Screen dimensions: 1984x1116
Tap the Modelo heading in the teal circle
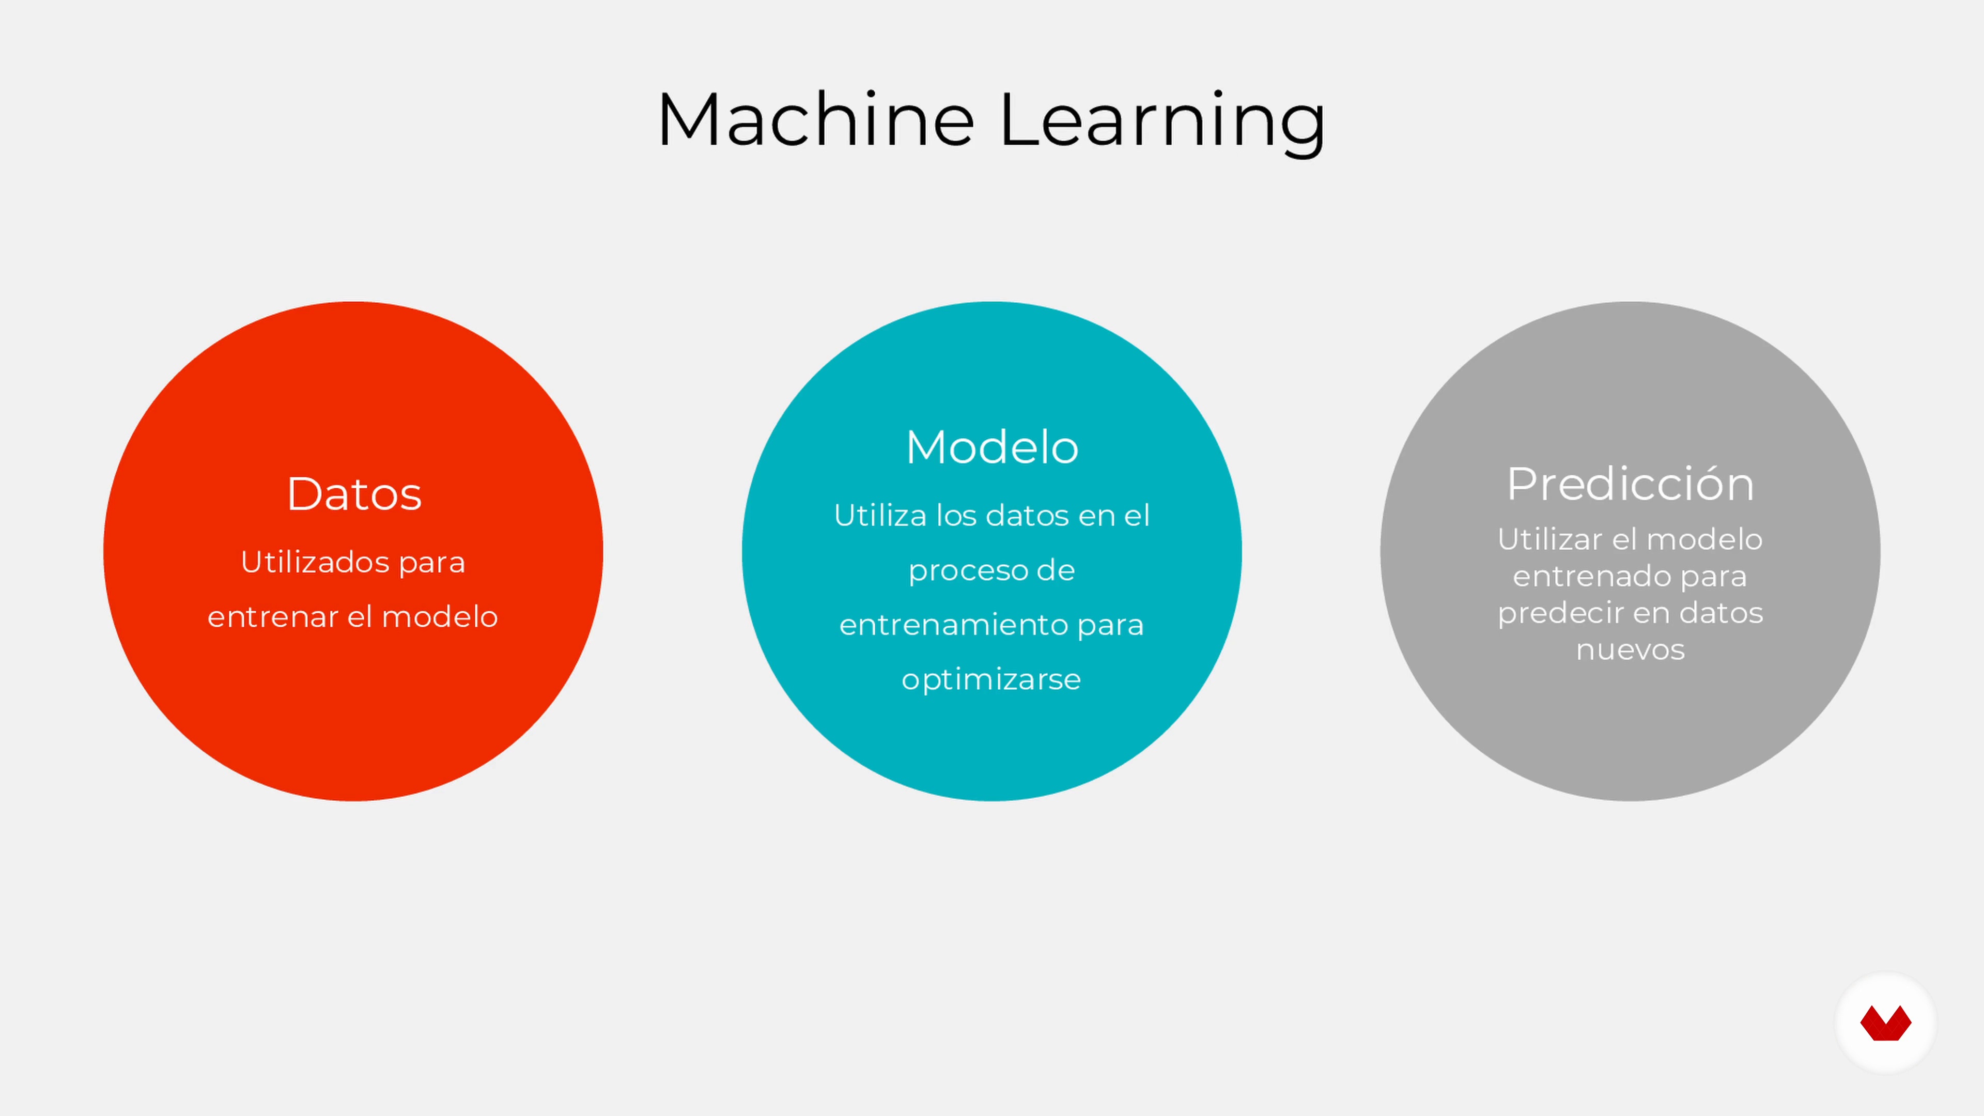click(x=992, y=447)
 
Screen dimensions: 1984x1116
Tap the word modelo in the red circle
click(x=440, y=617)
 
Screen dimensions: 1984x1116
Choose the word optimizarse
click(x=991, y=680)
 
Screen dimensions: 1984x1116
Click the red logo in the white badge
click(x=1885, y=1023)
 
